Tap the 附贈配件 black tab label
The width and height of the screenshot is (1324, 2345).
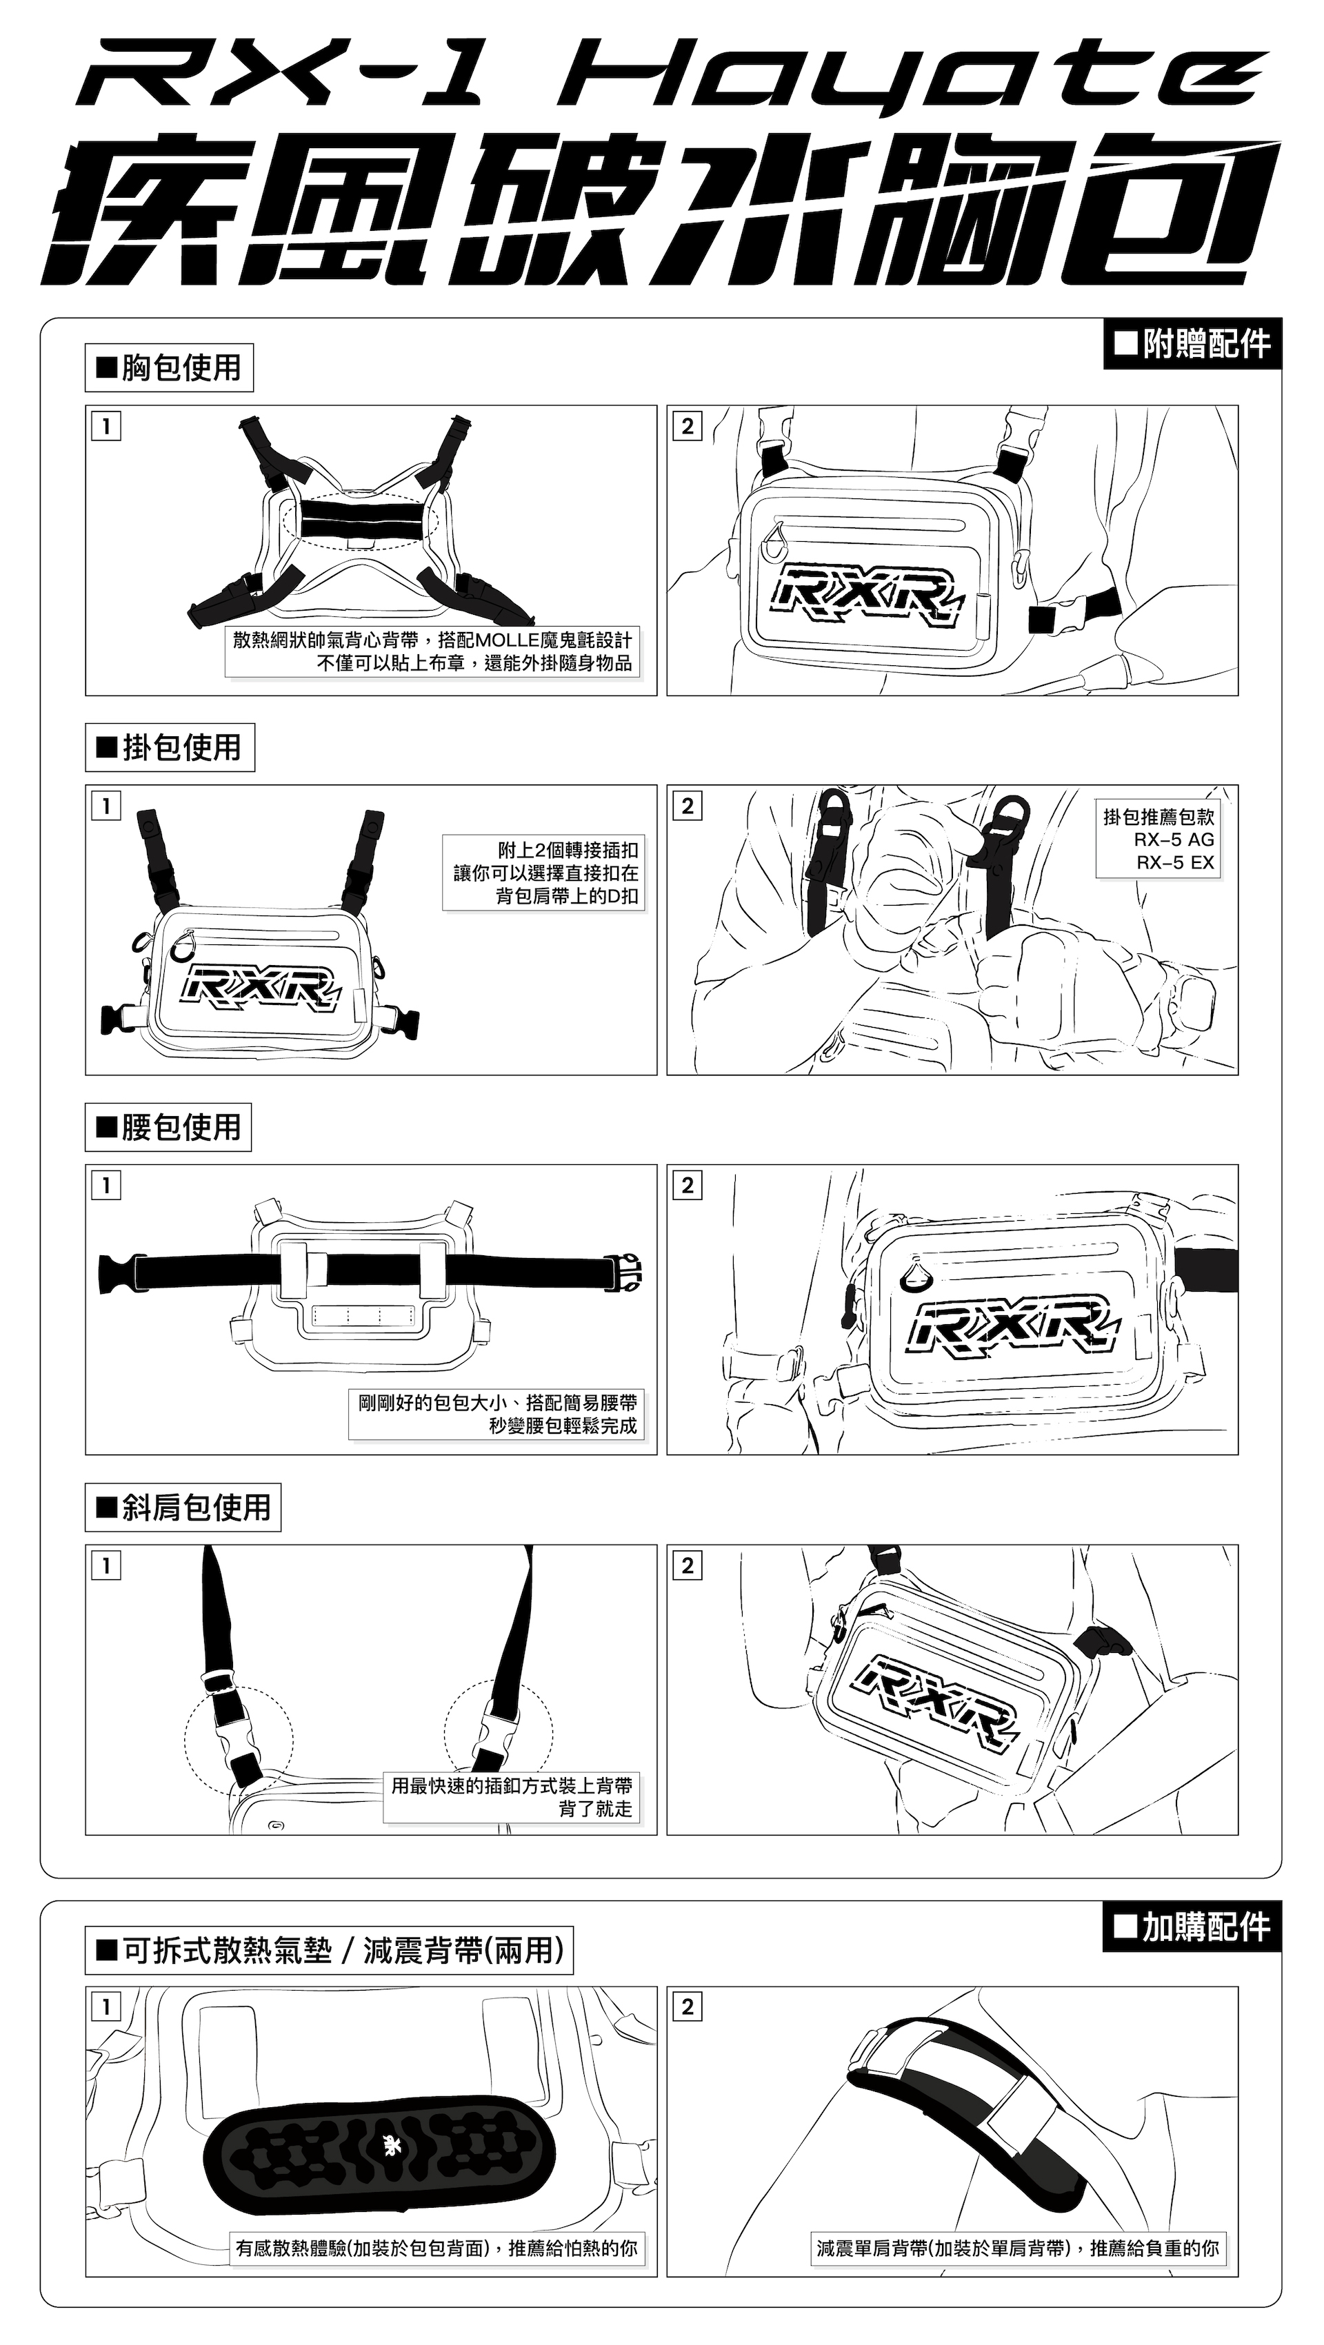(1192, 344)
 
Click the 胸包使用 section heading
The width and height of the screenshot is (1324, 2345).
(170, 368)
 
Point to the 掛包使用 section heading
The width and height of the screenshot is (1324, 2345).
(170, 747)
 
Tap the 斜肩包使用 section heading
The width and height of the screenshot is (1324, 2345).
(183, 1507)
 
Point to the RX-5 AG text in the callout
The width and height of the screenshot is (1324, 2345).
(1174, 840)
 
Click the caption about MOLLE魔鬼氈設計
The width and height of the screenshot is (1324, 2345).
(432, 651)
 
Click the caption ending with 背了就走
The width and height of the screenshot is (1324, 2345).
(511, 1797)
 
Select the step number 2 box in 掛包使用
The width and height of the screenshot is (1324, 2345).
(688, 806)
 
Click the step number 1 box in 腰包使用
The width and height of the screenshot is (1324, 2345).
(106, 1185)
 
